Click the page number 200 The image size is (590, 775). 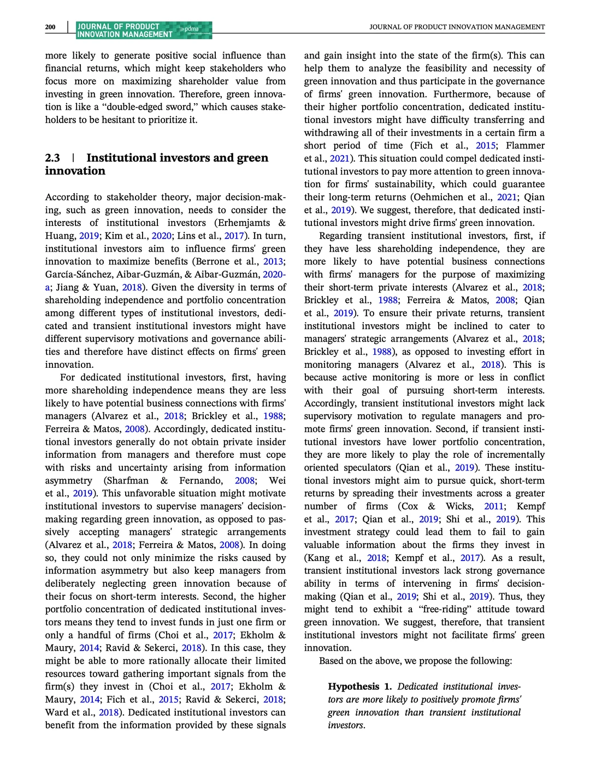pyautogui.click(x=50, y=27)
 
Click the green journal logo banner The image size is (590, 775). pyautogui.click(x=144, y=30)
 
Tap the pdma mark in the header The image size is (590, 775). pyautogui.click(x=191, y=29)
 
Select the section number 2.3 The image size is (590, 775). pyautogui.click(x=52, y=158)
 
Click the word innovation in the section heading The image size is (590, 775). pyautogui.click(x=75, y=171)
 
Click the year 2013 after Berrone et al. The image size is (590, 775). pyautogui.click(x=274, y=261)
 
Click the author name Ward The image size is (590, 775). pyautogui.click(x=56, y=712)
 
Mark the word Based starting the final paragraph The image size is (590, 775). pyautogui.click(x=333, y=661)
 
